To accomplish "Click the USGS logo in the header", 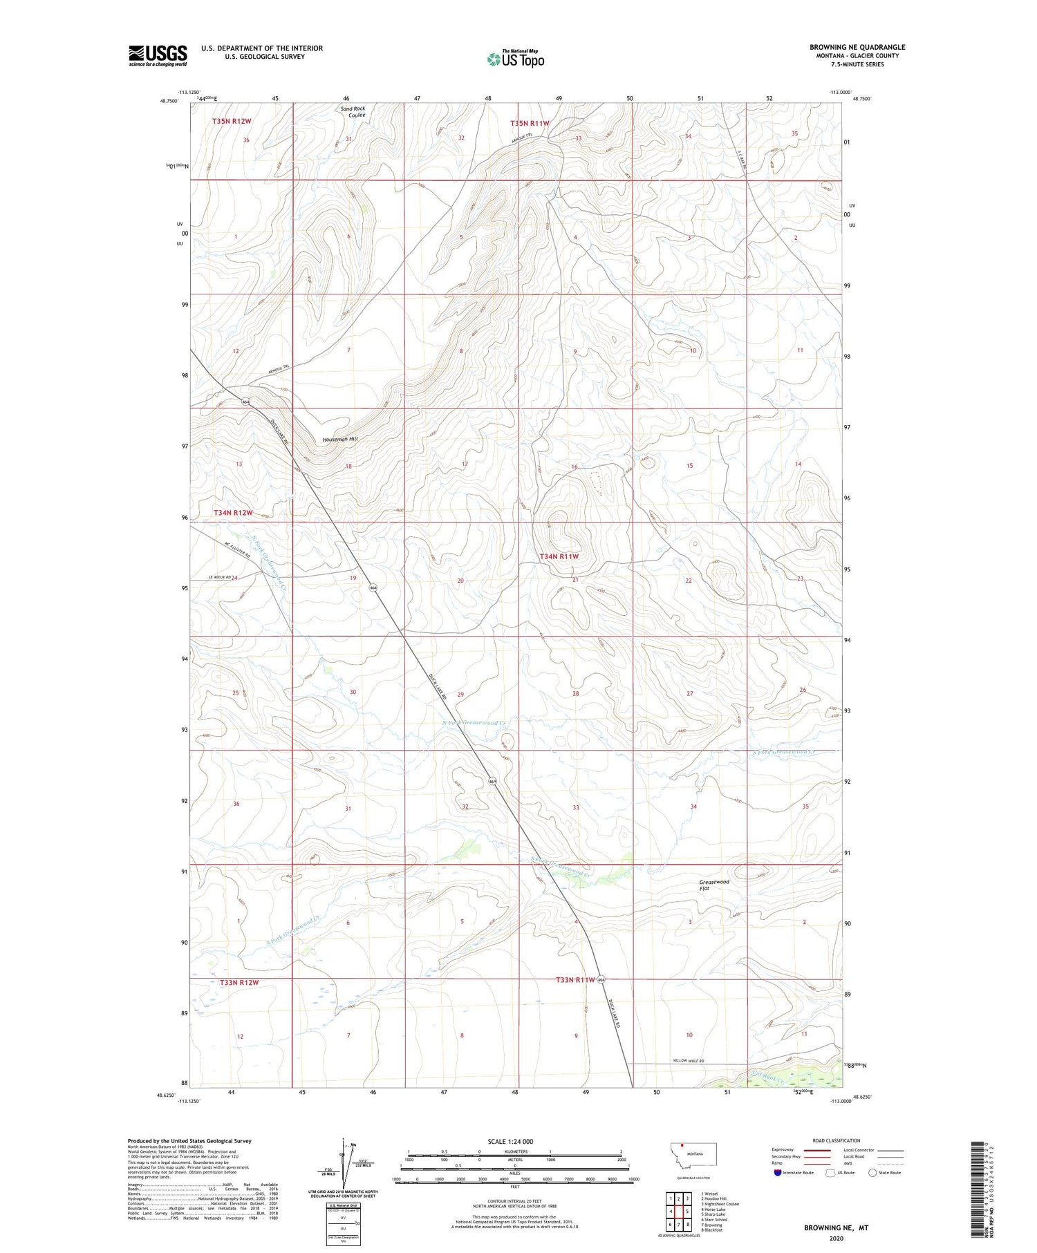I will [158, 55].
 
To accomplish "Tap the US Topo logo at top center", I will [516, 59].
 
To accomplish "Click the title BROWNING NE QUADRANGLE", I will [857, 47].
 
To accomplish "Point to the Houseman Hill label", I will [340, 440].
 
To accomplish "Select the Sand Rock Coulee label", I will [353, 112].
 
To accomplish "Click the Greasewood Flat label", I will [714, 885].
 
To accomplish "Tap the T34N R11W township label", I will [559, 556].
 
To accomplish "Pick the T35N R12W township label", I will [232, 122].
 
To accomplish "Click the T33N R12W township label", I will [239, 982].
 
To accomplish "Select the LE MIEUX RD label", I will [219, 578].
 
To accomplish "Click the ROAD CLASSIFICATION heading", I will [837, 1140].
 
